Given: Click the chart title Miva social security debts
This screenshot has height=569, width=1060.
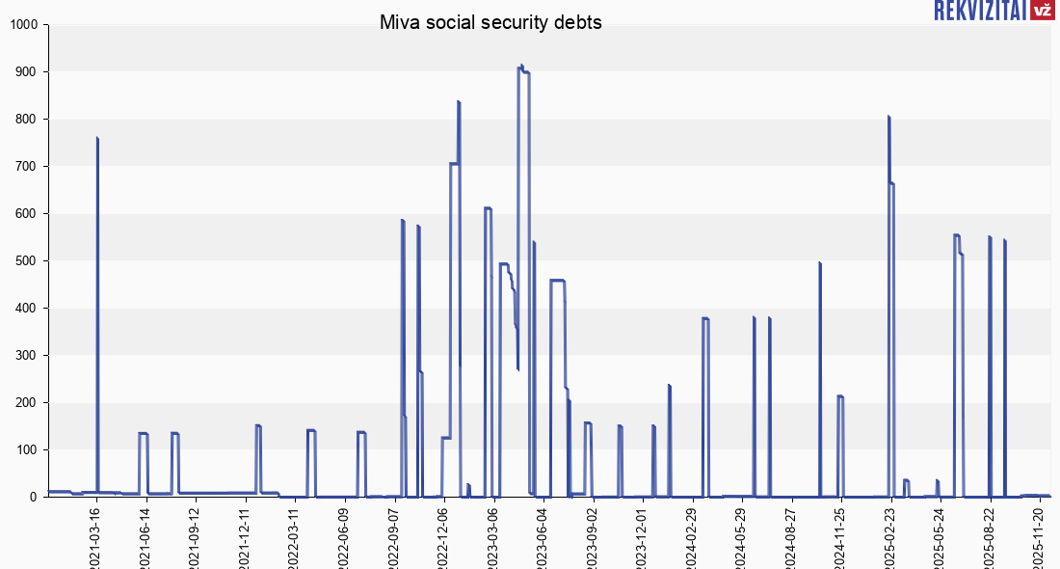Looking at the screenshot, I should coord(490,22).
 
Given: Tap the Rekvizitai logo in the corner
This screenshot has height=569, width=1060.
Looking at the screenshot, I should coord(993,11).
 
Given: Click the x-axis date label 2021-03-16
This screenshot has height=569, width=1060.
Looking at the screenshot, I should coord(96,536).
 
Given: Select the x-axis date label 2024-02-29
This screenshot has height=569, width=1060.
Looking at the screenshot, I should coord(691,536).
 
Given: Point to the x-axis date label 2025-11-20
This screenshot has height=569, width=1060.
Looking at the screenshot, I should coord(1038,536).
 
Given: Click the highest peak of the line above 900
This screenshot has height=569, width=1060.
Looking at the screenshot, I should coord(521,67).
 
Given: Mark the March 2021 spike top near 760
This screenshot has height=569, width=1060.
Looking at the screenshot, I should coord(97,138).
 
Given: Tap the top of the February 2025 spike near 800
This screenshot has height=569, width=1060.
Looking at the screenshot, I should coord(888,117).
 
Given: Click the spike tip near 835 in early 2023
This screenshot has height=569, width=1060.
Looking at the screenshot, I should coord(459,102).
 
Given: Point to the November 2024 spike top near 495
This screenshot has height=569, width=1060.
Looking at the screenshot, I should coord(819,262).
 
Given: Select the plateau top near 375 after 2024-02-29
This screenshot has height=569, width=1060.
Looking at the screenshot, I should coord(706,318).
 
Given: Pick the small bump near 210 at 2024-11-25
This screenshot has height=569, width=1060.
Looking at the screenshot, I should coord(840,396).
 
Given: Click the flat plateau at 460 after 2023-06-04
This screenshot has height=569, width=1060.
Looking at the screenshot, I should coord(557,280).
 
